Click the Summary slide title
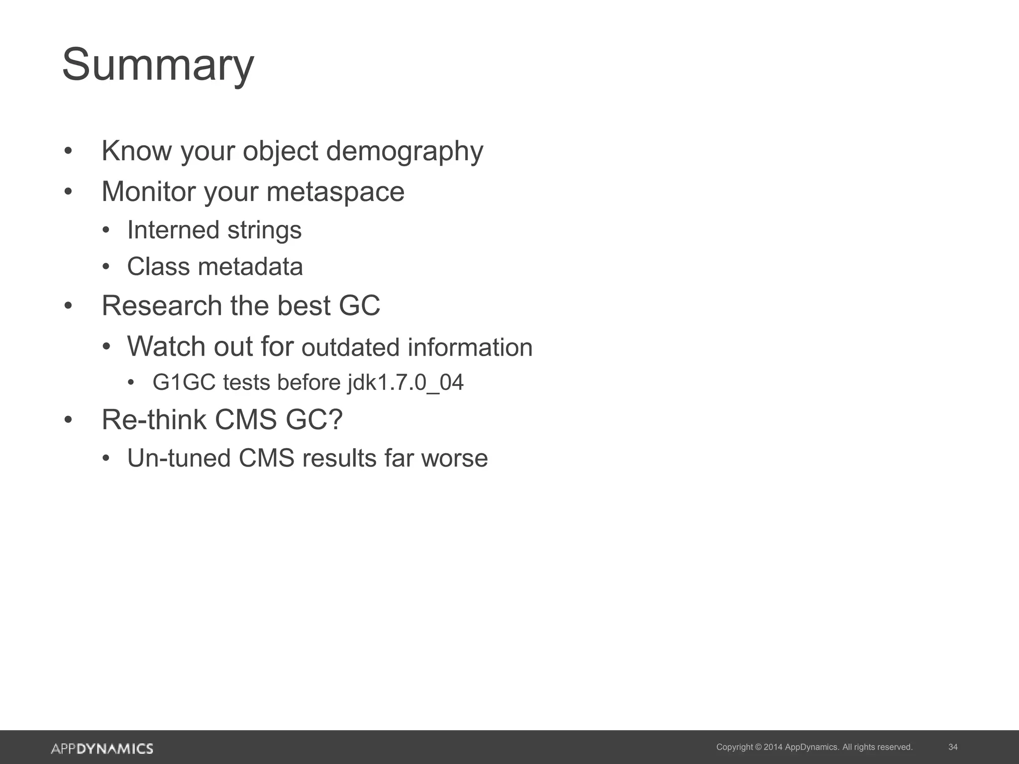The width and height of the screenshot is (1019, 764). click(158, 65)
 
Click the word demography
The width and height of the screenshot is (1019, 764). click(404, 151)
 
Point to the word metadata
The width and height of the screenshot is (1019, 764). click(250, 267)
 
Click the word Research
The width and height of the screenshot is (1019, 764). click(162, 305)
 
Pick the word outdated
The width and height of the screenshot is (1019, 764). click(350, 348)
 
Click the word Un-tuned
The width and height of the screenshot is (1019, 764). click(179, 459)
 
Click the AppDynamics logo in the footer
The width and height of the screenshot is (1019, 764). click(102, 749)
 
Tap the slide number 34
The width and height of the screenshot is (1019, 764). click(953, 747)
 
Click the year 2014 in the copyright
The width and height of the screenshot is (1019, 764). click(773, 747)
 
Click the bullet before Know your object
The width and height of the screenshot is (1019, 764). click(68, 151)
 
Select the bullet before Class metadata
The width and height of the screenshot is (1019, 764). click(105, 267)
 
